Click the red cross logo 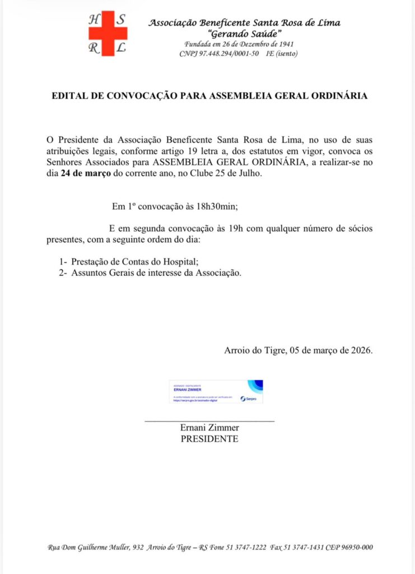[x=108, y=34]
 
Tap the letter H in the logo [x=93, y=19]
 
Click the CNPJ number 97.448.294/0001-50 [x=229, y=54]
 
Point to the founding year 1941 [x=285, y=44]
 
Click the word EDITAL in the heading [x=71, y=96]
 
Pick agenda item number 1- [x=63, y=262]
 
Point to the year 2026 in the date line [x=360, y=350]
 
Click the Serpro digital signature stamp [x=216, y=391]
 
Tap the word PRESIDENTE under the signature [x=209, y=439]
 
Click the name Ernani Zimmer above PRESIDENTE [x=209, y=428]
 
